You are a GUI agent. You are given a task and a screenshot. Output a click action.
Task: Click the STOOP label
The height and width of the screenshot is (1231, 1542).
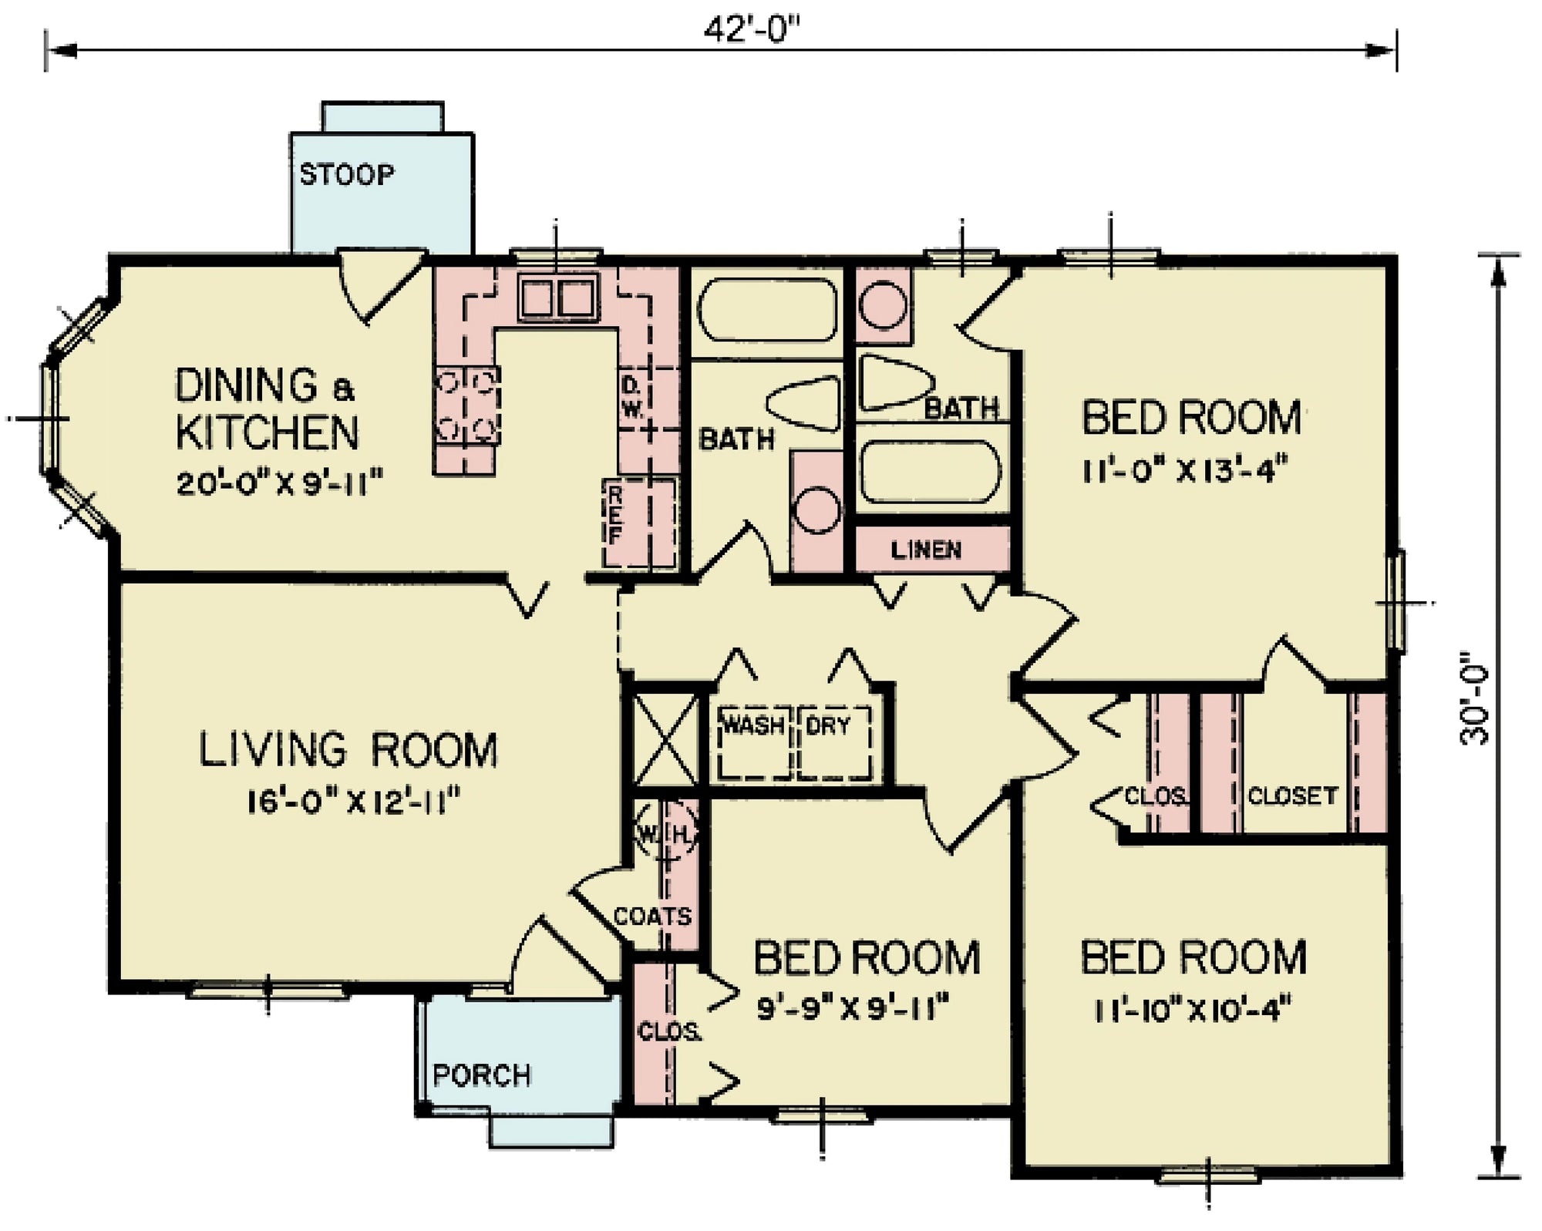pos(346,175)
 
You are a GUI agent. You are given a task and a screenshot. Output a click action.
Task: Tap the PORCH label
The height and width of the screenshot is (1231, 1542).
pos(482,1075)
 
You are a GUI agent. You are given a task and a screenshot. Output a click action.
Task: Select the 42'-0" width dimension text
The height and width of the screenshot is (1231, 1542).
pos(752,32)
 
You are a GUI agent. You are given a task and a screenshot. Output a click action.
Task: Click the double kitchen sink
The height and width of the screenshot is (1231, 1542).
pos(558,298)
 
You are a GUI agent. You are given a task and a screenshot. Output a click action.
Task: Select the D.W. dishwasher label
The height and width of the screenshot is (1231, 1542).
pos(631,397)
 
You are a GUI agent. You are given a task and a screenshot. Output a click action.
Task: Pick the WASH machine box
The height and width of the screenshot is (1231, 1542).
pos(753,742)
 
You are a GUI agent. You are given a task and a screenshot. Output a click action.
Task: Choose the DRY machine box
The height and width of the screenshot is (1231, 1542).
pos(833,742)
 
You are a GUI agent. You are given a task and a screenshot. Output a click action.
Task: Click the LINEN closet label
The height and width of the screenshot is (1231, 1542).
pos(926,550)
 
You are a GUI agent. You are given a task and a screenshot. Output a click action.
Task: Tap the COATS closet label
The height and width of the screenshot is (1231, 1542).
pos(652,917)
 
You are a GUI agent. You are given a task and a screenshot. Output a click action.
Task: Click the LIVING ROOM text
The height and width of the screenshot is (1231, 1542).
pos(348,750)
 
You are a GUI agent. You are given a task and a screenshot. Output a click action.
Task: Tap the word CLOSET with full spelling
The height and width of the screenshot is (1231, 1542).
pos(1292,795)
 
